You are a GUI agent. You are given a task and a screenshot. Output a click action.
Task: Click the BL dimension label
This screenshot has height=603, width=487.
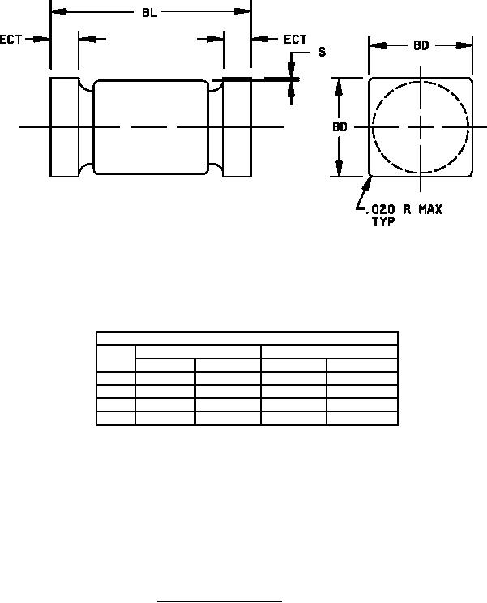tap(150, 13)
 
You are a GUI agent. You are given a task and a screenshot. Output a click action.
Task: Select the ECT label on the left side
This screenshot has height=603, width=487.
tap(11, 40)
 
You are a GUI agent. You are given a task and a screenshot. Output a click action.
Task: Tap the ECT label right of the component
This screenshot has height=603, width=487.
tap(295, 39)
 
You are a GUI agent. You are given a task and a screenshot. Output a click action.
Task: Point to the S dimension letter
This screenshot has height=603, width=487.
tap(323, 52)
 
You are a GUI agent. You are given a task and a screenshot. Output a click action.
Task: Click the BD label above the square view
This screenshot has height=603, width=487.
tap(421, 45)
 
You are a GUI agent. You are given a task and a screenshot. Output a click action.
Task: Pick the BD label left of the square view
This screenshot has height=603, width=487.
tap(340, 127)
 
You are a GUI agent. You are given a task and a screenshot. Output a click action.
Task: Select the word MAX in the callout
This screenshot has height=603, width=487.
tap(430, 210)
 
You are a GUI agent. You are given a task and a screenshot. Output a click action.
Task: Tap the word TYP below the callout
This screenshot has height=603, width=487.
tap(383, 222)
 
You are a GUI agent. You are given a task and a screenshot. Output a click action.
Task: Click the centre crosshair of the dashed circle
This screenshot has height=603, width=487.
tap(421, 127)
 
